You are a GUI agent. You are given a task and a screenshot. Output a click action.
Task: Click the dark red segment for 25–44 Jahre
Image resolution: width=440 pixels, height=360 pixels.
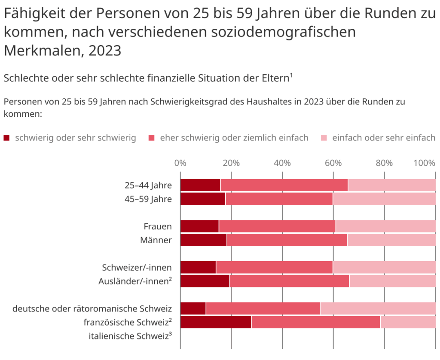200,185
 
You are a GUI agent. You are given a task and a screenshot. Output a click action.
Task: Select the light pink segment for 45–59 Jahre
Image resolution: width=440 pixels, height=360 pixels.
384,199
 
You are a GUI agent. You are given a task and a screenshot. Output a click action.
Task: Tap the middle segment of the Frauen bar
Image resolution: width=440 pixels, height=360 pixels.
277,226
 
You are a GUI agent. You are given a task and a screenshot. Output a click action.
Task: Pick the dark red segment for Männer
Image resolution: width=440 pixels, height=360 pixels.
204,240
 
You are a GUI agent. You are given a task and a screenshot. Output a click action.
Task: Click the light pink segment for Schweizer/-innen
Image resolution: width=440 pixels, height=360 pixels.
384,267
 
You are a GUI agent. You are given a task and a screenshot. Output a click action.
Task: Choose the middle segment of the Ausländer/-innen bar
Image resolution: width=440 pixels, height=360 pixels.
290,281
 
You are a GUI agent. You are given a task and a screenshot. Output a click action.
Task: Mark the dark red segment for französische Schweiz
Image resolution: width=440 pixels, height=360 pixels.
216,322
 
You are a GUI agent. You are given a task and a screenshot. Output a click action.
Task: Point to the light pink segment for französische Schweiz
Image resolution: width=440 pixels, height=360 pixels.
408,322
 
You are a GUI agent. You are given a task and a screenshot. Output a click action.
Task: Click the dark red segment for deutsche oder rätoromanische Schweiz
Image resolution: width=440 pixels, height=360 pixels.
193,308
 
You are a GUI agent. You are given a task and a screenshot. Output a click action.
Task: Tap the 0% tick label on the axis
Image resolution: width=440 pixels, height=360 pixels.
180,163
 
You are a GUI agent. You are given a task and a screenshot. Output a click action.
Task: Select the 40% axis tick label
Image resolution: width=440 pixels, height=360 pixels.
282,163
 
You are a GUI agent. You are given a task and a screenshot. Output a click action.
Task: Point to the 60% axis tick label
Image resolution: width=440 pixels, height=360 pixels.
333,163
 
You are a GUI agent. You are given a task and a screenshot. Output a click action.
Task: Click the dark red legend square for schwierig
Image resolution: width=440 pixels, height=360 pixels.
6,138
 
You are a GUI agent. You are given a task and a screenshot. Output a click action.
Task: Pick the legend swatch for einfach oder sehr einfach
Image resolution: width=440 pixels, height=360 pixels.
324,138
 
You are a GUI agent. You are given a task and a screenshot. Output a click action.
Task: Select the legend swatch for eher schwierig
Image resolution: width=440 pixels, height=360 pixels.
152,138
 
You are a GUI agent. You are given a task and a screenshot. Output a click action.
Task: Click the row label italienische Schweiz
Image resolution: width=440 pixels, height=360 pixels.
130,336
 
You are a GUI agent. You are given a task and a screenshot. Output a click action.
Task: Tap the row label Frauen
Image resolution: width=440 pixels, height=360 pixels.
158,226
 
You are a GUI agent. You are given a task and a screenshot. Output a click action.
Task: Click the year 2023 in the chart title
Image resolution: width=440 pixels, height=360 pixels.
105,51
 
